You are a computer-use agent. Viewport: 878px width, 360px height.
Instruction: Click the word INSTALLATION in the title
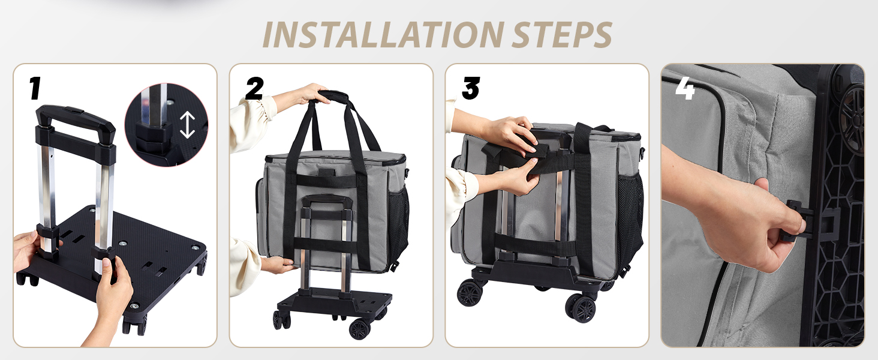pyautogui.click(x=384, y=35)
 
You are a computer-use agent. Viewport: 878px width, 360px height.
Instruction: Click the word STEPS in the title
pyautogui.click(x=562, y=35)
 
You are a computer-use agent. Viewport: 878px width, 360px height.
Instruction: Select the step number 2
pyautogui.click(x=254, y=88)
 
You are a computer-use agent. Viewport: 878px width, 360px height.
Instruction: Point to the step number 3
pyautogui.click(x=471, y=88)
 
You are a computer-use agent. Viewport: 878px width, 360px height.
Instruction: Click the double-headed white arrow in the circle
pyautogui.click(x=187, y=125)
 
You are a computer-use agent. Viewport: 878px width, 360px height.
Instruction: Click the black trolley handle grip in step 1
pyautogui.click(x=75, y=118)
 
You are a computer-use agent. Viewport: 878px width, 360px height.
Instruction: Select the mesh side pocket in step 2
pyautogui.click(x=398, y=220)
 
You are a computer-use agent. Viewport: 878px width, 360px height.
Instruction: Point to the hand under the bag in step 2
pyautogui.click(x=278, y=265)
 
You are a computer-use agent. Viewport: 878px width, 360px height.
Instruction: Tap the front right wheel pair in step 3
pyautogui.click(x=581, y=308)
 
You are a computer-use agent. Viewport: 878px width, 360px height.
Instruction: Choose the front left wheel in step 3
pyautogui.click(x=470, y=293)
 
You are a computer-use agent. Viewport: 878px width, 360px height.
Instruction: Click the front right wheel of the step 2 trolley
pyautogui.click(x=360, y=329)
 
